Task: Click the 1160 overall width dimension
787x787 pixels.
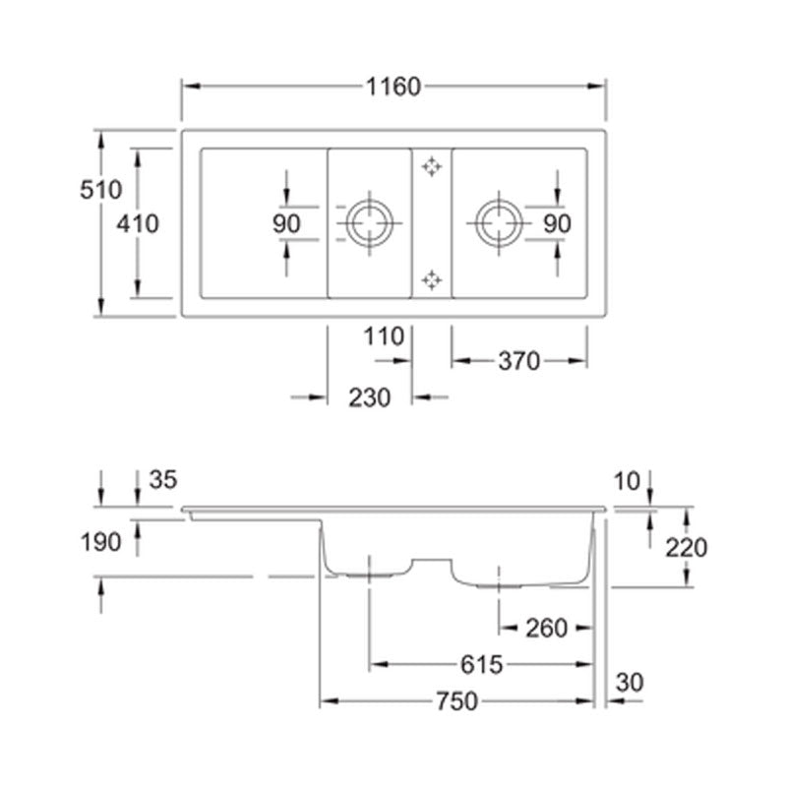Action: coord(393,87)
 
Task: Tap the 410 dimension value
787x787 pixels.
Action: coord(138,223)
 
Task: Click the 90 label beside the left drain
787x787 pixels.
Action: coord(286,224)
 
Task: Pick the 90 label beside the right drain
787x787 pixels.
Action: coord(557,224)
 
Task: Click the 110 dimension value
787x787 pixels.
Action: coord(384,336)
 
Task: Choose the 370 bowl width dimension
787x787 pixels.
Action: coord(518,361)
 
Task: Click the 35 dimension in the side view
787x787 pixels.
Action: coord(163,480)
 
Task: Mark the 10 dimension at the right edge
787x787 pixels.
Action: coord(626,480)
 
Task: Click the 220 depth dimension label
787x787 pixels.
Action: coord(687,547)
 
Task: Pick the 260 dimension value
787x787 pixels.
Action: coord(546,627)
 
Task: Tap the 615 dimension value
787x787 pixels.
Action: coord(481,665)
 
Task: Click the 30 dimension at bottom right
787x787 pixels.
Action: coord(630,681)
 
